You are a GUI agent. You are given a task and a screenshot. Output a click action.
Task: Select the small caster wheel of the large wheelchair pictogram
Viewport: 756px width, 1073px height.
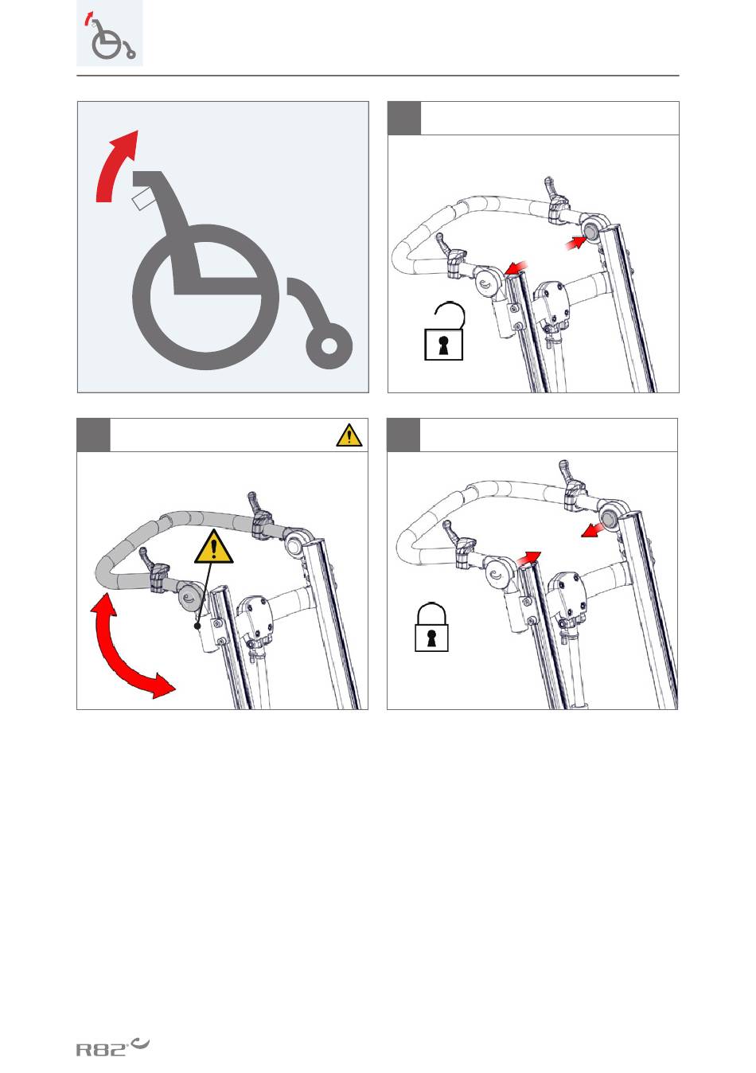click(329, 345)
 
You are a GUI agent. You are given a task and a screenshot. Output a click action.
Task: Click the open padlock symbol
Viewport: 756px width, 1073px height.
click(444, 330)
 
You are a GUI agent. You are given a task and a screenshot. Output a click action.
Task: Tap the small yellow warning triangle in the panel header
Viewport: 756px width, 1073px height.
click(349, 435)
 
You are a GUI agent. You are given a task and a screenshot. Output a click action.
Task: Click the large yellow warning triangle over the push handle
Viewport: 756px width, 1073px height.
click(213, 547)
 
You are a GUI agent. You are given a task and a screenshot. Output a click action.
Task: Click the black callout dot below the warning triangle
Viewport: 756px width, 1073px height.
click(197, 626)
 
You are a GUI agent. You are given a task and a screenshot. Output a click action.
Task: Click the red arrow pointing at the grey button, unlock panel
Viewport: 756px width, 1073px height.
click(575, 243)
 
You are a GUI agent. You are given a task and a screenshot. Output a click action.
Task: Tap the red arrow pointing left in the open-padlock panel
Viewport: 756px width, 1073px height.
click(516, 267)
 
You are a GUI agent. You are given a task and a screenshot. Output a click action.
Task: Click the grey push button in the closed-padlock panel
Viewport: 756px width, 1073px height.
click(610, 517)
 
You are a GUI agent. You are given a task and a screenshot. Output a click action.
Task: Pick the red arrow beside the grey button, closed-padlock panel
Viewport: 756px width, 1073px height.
click(592, 530)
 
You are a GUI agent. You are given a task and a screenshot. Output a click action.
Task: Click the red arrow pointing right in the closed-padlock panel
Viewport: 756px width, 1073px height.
click(528, 557)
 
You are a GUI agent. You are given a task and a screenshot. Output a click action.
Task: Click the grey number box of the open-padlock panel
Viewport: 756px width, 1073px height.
click(404, 118)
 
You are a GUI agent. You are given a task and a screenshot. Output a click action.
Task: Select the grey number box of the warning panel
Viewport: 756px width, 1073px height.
click(93, 435)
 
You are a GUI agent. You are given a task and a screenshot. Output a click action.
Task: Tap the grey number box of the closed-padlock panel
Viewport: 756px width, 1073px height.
click(403, 435)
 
